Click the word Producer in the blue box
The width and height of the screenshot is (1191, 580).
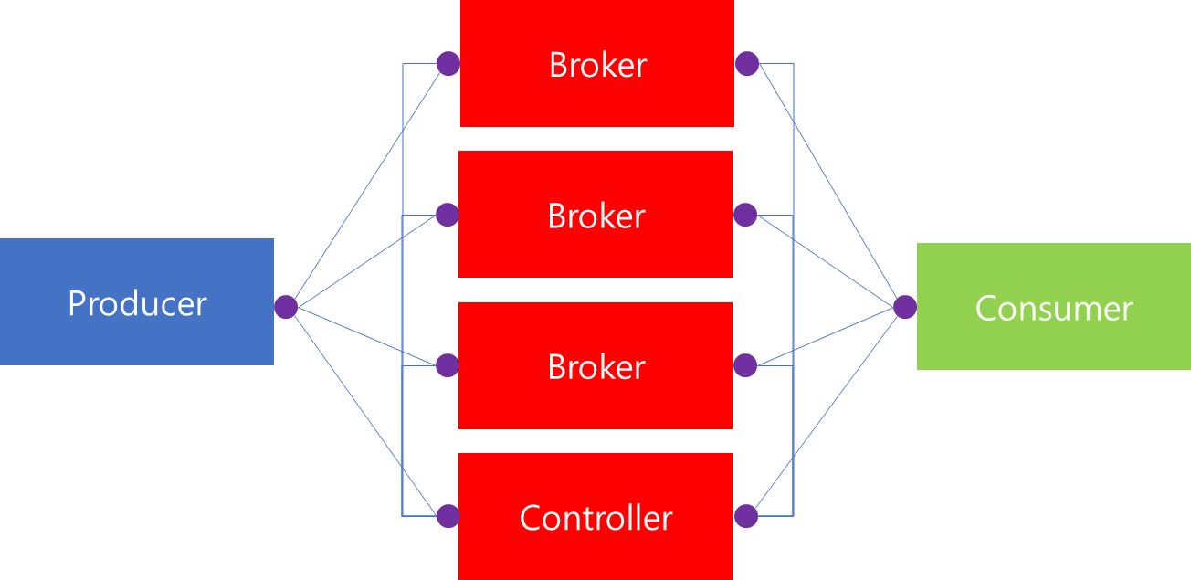137,303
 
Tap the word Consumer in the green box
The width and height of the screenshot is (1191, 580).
1053,309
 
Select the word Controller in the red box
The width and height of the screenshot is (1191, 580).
595,519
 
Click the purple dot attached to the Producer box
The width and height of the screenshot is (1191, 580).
286,307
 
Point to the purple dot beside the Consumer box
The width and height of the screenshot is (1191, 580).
905,307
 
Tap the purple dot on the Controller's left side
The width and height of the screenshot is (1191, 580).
448,516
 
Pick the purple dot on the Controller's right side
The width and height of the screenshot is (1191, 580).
746,516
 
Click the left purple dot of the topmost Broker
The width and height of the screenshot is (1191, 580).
448,64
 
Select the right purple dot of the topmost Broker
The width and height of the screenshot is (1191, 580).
747,64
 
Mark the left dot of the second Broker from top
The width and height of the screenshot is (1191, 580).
447,215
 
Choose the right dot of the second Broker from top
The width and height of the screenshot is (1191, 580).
745,215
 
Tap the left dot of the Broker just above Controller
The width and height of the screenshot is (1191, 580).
447,365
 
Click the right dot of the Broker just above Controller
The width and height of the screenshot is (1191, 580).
745,365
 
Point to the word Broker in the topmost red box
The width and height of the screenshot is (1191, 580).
597,65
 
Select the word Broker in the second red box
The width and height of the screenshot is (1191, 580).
595,216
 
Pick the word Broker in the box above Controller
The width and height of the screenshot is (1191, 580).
595,367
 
